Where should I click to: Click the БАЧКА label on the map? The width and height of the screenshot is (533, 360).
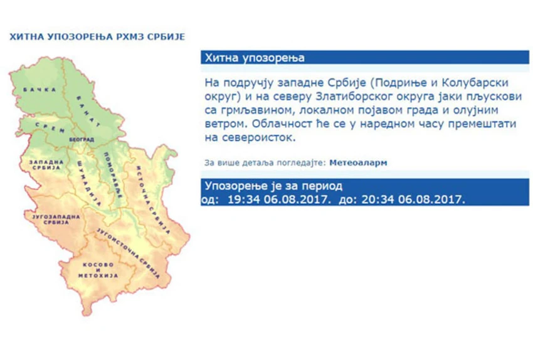(x=40, y=90)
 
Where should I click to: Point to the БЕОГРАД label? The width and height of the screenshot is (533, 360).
(x=82, y=139)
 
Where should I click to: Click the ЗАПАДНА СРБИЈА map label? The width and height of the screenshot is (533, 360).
(x=46, y=165)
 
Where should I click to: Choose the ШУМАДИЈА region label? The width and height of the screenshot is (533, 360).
(x=88, y=183)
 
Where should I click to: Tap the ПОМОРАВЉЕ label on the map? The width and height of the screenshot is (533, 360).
(x=112, y=176)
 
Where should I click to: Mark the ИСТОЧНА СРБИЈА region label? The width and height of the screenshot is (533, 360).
(x=152, y=200)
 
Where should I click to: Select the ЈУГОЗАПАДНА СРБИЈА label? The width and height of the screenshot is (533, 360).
(x=56, y=220)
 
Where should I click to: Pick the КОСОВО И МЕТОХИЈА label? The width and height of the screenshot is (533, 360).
(x=98, y=270)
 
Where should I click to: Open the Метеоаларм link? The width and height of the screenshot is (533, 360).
(x=358, y=163)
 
